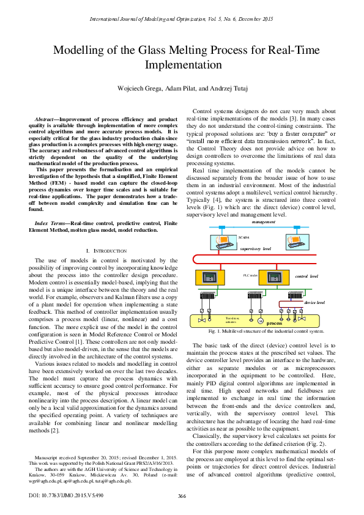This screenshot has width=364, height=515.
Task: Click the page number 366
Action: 182,496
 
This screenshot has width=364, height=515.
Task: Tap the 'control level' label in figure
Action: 306,276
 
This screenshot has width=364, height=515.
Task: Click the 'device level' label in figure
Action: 314,302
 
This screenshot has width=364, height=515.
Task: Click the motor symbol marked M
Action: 259,320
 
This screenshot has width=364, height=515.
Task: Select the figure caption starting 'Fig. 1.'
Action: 266,331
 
